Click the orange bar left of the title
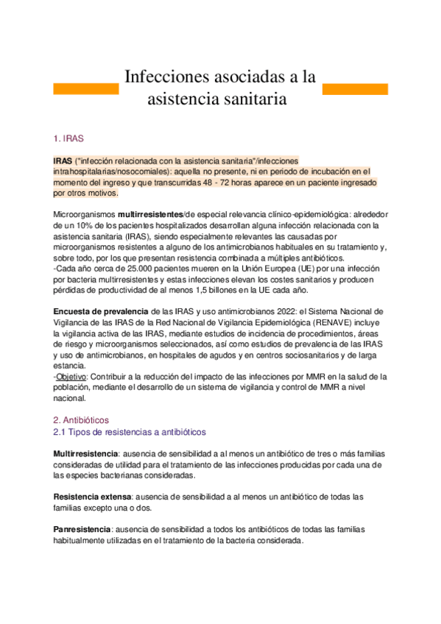(x=86, y=88)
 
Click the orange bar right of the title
(x=356, y=88)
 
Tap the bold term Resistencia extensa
(x=89, y=497)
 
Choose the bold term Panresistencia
(x=82, y=529)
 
